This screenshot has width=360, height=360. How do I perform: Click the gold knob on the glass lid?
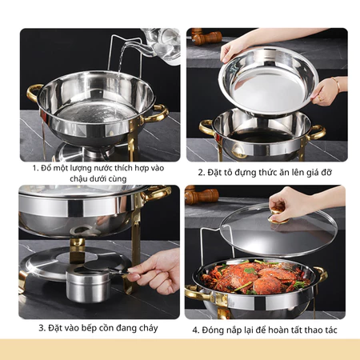[278, 216]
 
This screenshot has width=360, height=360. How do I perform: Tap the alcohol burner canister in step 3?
[88, 284]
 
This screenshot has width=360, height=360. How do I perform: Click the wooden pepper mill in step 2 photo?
[206, 38]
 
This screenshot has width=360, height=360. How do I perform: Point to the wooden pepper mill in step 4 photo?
[202, 194]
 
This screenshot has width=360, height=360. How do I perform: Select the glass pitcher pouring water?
[159, 46]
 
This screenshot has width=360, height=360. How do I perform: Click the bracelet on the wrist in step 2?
[336, 85]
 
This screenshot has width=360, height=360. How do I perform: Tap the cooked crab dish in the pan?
[255, 278]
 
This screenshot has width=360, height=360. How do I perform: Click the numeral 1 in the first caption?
[34, 168]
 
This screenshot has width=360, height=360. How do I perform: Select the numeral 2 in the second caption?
[200, 172]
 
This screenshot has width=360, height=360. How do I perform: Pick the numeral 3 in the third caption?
[42, 328]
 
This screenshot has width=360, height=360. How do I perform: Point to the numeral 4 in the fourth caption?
[195, 330]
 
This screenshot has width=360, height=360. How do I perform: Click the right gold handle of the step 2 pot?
[317, 133]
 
